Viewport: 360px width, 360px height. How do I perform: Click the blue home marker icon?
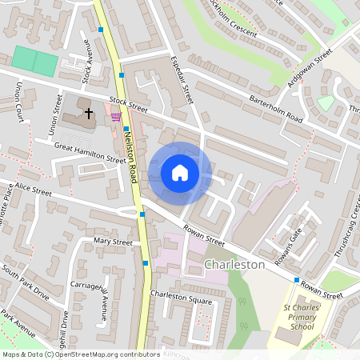tap(180, 173)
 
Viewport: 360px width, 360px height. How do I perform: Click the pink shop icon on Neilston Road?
tap(117, 117)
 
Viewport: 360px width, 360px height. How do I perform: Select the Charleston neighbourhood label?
tap(234, 263)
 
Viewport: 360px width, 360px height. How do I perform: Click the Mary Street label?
tap(113, 241)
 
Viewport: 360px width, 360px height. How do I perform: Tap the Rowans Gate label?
tap(296, 239)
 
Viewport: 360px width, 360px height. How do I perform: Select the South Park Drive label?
tap(25, 283)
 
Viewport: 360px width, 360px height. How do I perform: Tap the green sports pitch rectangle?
tap(35, 60)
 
